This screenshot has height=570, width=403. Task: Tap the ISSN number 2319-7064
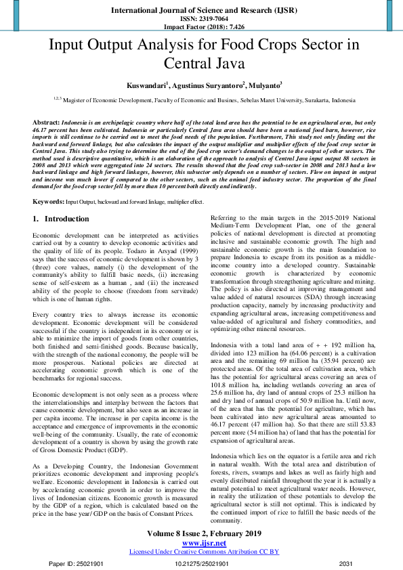tap(201, 18)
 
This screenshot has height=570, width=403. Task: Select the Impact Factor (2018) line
tap(201, 26)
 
